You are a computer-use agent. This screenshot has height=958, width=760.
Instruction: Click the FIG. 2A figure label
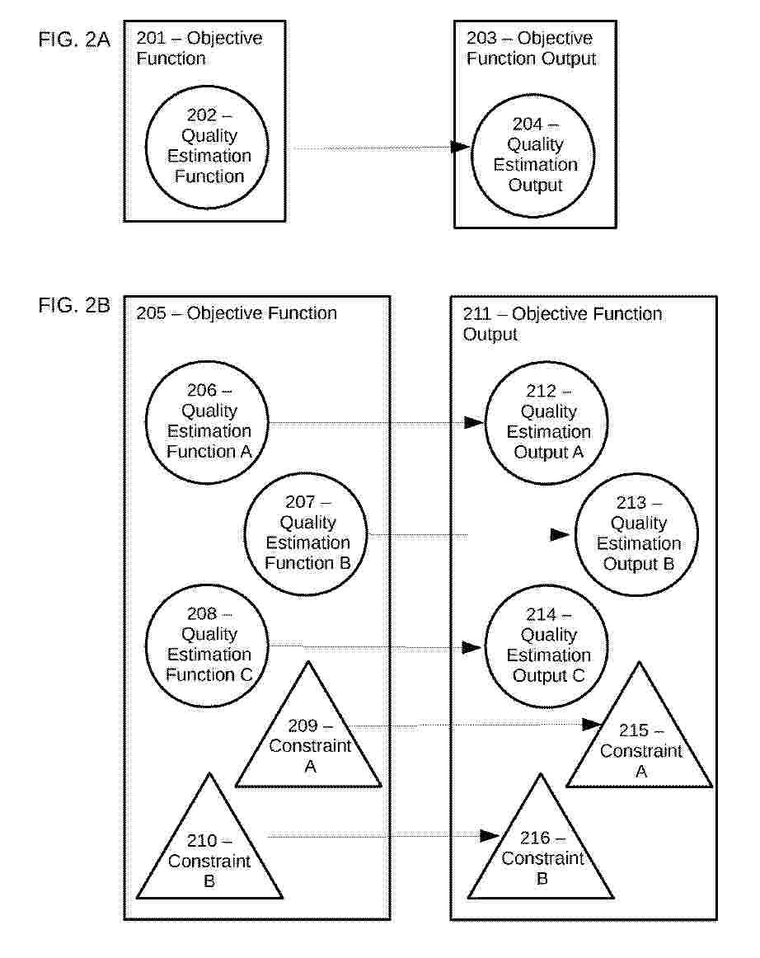[73, 40]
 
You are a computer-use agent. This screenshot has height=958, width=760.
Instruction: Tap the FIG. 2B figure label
[73, 306]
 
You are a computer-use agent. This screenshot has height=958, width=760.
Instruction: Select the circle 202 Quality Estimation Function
[207, 146]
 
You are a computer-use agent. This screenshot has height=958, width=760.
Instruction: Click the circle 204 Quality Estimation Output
[535, 154]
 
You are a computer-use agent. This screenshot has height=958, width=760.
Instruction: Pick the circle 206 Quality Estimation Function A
[207, 421]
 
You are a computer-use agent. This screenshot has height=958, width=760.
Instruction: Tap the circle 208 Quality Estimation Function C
[207, 644]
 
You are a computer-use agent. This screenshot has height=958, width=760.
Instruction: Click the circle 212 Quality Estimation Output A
[547, 421]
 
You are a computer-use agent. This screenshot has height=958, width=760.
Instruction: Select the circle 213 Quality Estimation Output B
[637, 533]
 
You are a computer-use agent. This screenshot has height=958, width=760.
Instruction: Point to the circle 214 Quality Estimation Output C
[547, 645]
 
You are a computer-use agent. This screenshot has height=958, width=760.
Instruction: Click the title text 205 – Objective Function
[237, 313]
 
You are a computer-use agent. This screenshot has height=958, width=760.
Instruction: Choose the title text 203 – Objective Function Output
[531, 49]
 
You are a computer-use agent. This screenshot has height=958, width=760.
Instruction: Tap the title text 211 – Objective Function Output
[562, 324]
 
